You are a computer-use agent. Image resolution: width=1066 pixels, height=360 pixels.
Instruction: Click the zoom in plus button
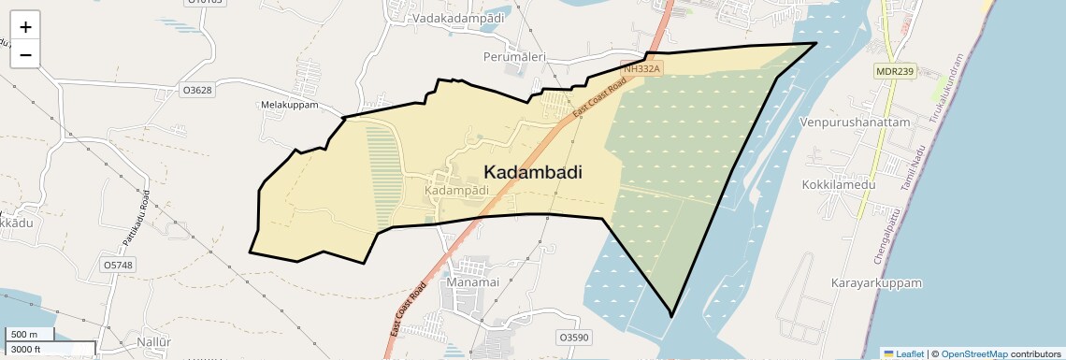[25, 27]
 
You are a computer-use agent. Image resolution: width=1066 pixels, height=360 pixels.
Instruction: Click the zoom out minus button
[25, 55]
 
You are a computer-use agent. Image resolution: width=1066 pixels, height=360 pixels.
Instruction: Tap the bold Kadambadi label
[533, 172]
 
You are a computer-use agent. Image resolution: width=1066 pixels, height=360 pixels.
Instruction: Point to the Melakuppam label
[290, 106]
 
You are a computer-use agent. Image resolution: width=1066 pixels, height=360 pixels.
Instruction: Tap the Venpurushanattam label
[856, 122]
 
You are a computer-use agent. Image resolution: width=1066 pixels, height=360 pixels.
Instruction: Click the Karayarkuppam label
[876, 282]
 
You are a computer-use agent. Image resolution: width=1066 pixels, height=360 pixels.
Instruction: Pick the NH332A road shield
[642, 69]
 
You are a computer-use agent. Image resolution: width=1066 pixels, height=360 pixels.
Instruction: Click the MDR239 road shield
[894, 71]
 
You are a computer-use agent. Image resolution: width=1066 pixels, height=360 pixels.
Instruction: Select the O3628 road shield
[197, 91]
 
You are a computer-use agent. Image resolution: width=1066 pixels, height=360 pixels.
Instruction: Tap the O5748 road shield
[119, 266]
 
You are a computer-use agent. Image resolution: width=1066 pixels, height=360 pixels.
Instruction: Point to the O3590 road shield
[574, 337]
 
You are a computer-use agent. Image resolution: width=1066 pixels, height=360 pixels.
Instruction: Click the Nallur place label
[153, 342]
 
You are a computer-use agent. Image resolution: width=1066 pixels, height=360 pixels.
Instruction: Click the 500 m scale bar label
[24, 335]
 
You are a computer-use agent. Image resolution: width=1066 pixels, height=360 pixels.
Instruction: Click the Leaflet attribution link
[904, 353]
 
